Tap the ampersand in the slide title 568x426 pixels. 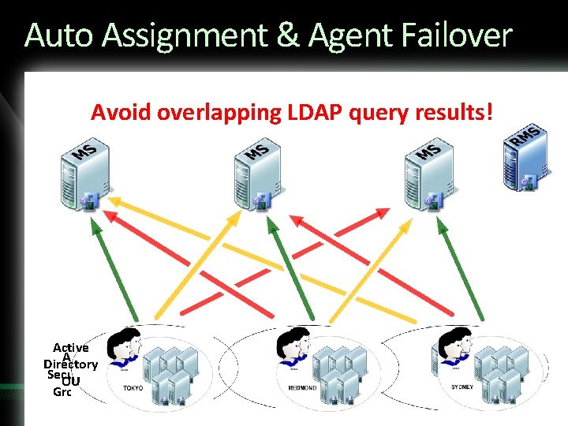pyautogui.click(x=290, y=35)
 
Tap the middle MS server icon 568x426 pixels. pyautogui.click(x=250, y=176)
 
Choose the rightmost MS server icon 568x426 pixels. pyautogui.click(x=422, y=176)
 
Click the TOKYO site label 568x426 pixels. pyautogui.click(x=133, y=387)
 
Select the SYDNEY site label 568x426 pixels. pyautogui.click(x=462, y=387)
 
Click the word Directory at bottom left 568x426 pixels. pyautogui.click(x=70, y=364)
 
